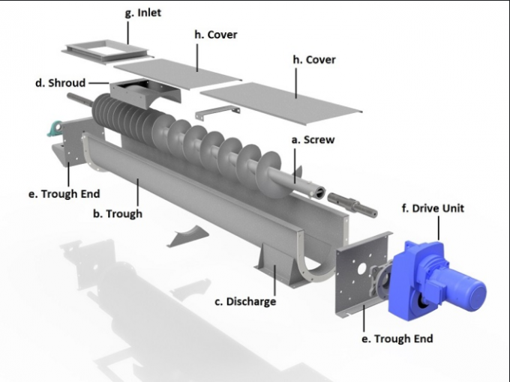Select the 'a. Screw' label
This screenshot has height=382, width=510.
coord(313,140)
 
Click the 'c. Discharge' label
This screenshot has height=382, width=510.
coord(245,301)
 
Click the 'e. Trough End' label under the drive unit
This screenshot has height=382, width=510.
coord(397,339)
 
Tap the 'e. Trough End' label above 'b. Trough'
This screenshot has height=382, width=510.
coord(64,194)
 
